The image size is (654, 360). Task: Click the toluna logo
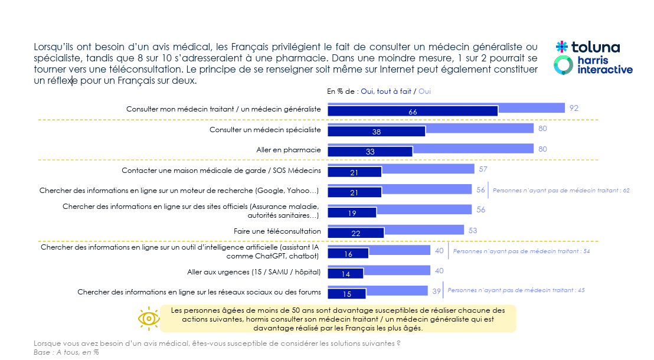point(587,47)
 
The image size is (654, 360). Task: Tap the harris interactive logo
point(593,65)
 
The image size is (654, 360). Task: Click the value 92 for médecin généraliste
point(574,108)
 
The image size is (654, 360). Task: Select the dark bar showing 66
point(413,112)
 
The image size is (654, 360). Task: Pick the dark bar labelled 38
point(376,132)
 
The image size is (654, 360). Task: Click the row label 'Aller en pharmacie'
point(289,150)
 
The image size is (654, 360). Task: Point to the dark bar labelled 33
point(369,152)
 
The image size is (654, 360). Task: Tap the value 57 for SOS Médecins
point(482,169)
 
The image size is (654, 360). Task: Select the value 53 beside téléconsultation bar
point(473,230)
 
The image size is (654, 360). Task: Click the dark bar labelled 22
point(355,233)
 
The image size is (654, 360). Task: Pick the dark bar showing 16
point(348,254)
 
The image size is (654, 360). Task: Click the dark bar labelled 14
point(345,274)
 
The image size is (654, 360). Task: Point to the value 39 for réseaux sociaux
point(436,291)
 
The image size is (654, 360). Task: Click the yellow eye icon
point(149,318)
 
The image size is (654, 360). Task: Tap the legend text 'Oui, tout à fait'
point(385,91)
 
